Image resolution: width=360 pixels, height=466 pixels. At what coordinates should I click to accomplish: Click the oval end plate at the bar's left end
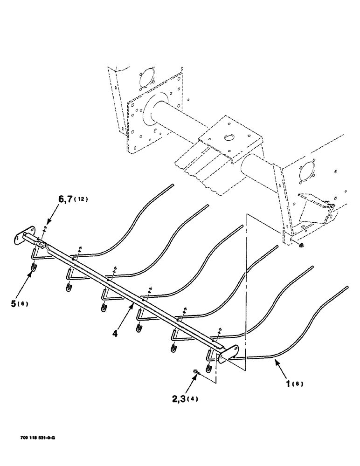click(23, 235)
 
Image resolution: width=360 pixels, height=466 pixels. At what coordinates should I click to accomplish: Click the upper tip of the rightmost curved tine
click(347, 288)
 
